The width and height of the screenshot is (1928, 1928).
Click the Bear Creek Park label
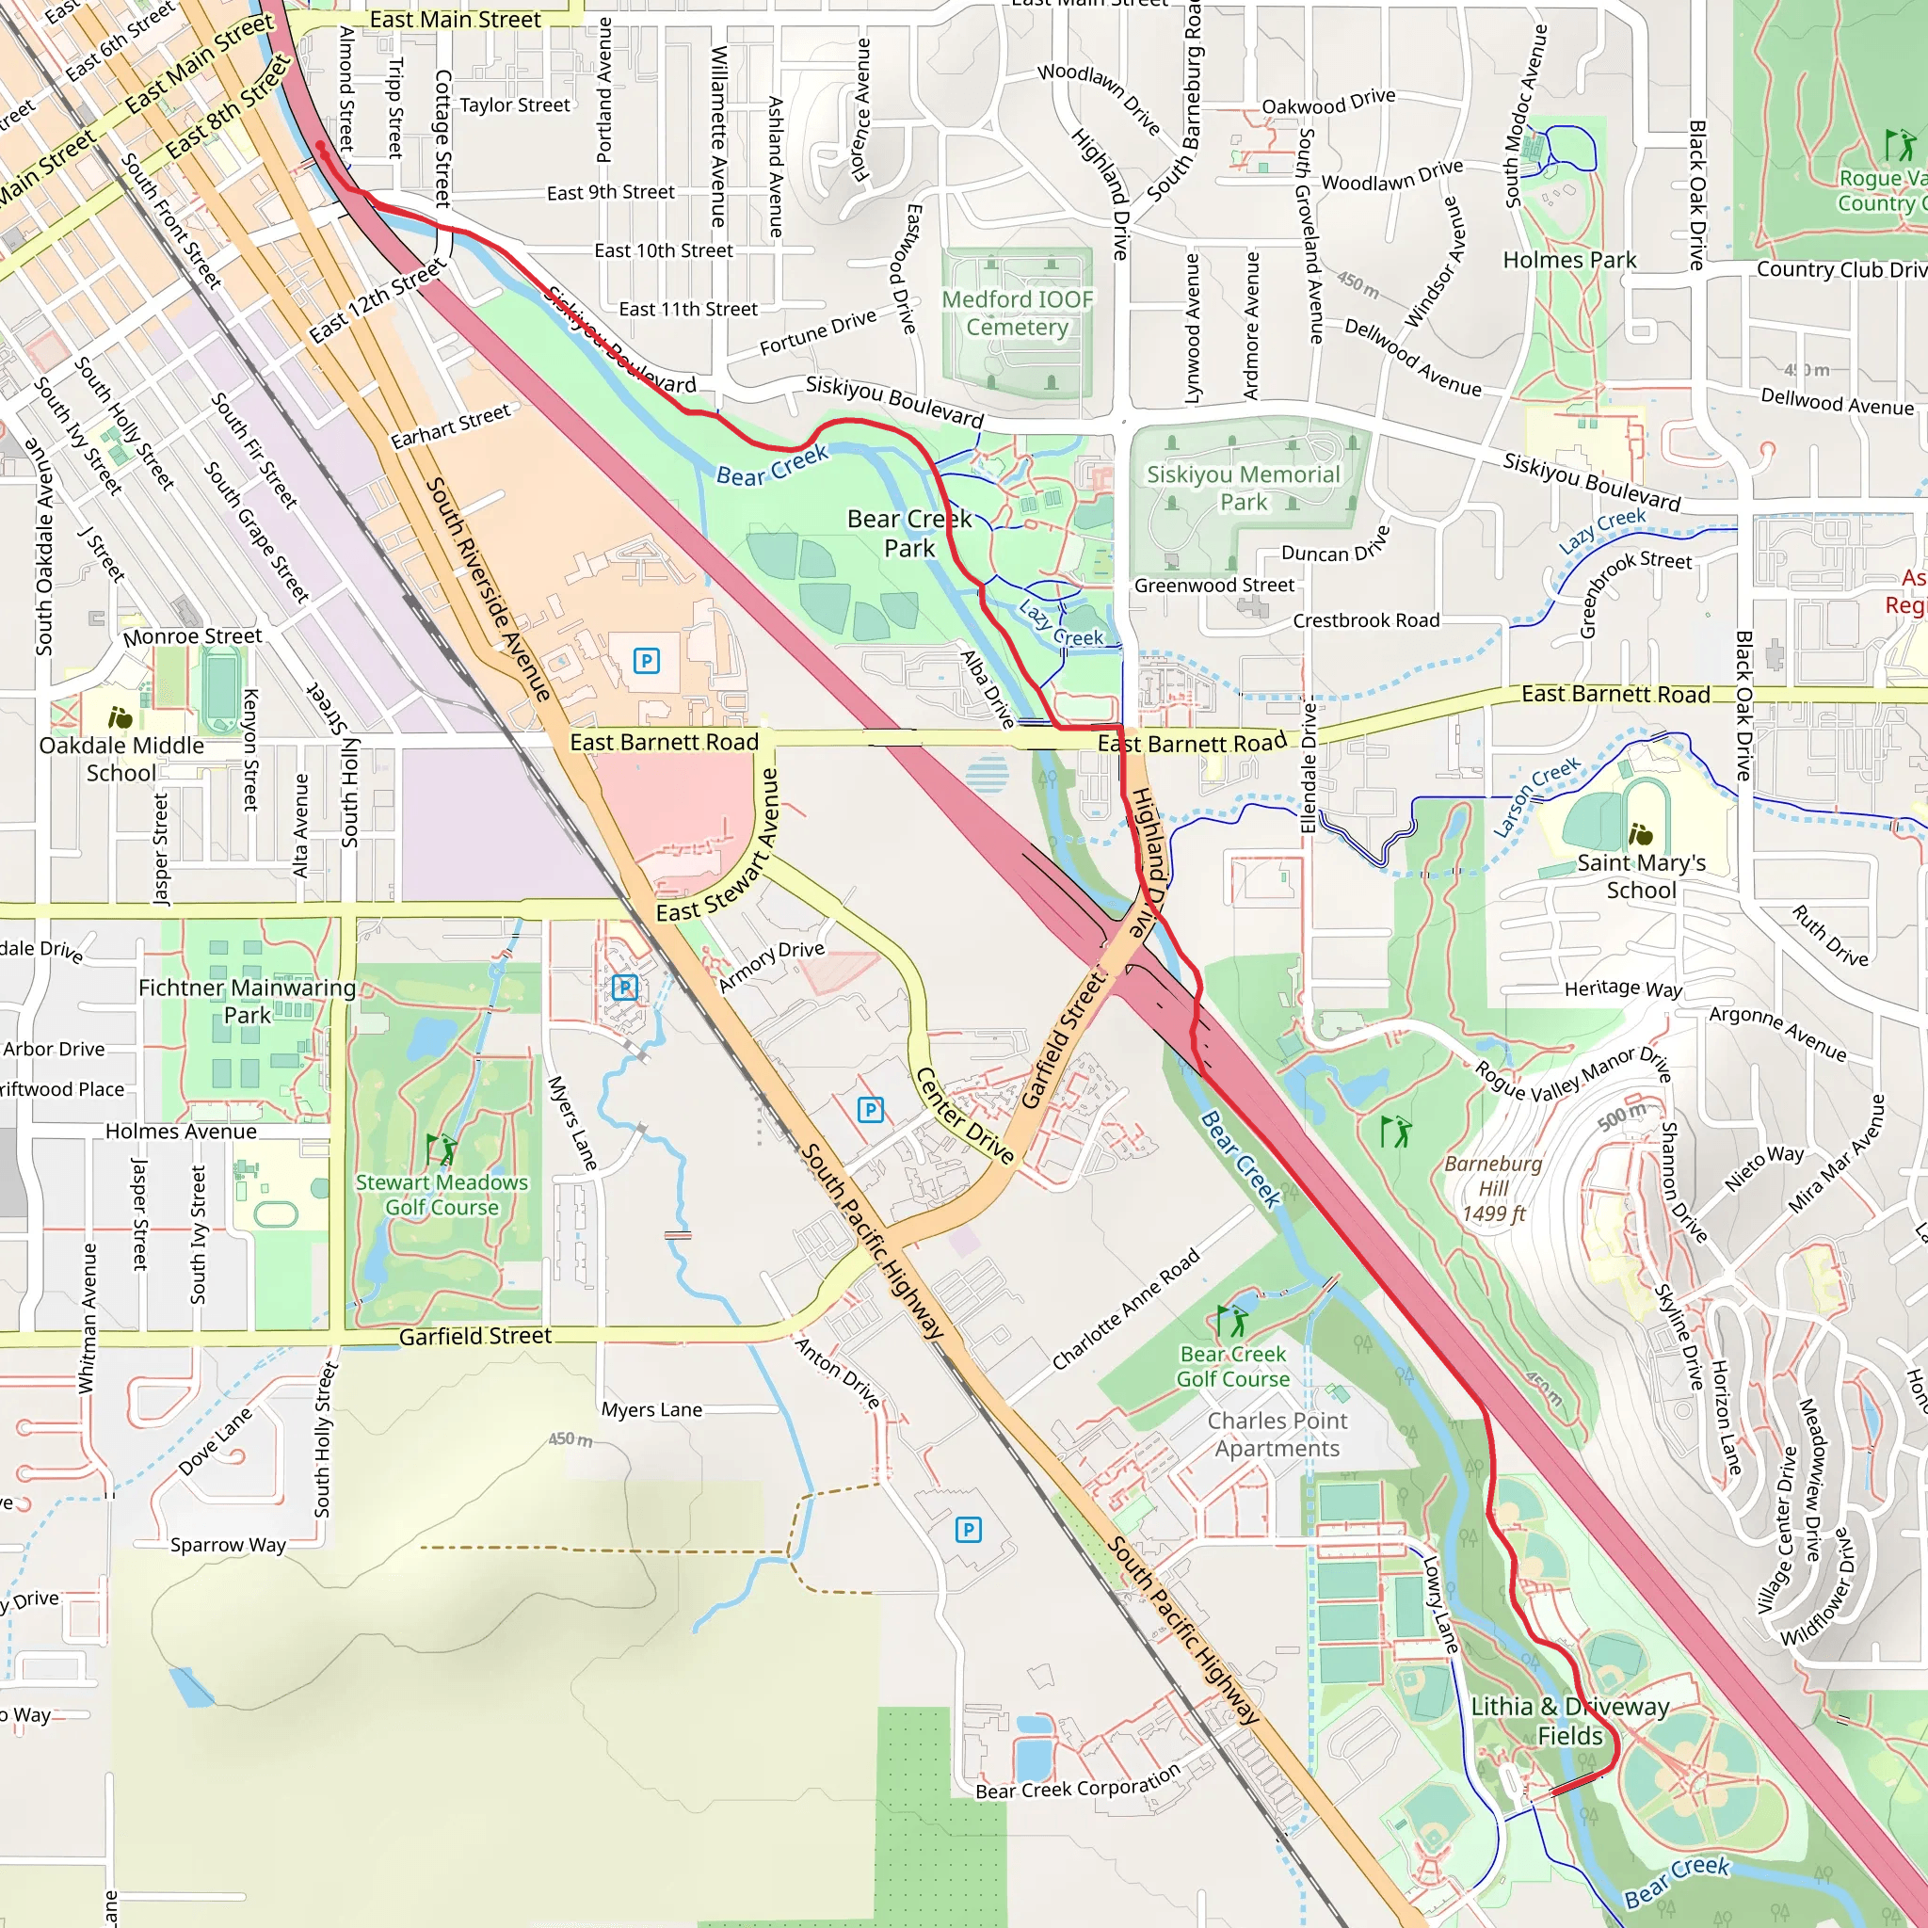click(x=908, y=533)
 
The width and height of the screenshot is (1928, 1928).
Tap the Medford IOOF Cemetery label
click(x=1017, y=313)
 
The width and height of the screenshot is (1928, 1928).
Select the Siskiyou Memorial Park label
click(x=1243, y=488)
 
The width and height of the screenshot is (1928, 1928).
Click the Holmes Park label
click(x=1568, y=261)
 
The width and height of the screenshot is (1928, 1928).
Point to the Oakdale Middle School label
click(x=120, y=759)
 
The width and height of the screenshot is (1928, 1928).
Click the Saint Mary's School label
click(x=1641, y=876)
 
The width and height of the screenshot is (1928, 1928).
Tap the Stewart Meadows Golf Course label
click(x=442, y=1195)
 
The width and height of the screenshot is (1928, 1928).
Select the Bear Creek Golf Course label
click(x=1232, y=1366)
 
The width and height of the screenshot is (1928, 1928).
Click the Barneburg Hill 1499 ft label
click(x=1493, y=1189)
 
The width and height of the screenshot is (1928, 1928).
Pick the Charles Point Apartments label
click(x=1277, y=1434)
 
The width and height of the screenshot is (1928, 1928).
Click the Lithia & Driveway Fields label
click(x=1568, y=1722)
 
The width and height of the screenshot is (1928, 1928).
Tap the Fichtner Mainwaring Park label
click(x=247, y=1001)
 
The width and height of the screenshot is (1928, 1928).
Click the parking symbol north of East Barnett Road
click(x=647, y=661)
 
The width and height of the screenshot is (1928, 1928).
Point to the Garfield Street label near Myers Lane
click(x=475, y=1336)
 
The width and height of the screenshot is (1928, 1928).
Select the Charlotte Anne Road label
click(x=1126, y=1310)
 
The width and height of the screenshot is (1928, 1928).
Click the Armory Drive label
click(x=771, y=965)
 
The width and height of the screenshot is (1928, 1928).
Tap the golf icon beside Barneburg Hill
click(x=1396, y=1132)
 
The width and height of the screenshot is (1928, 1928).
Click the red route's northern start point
click(x=320, y=147)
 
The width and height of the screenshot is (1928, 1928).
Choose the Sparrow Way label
click(x=228, y=1545)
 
